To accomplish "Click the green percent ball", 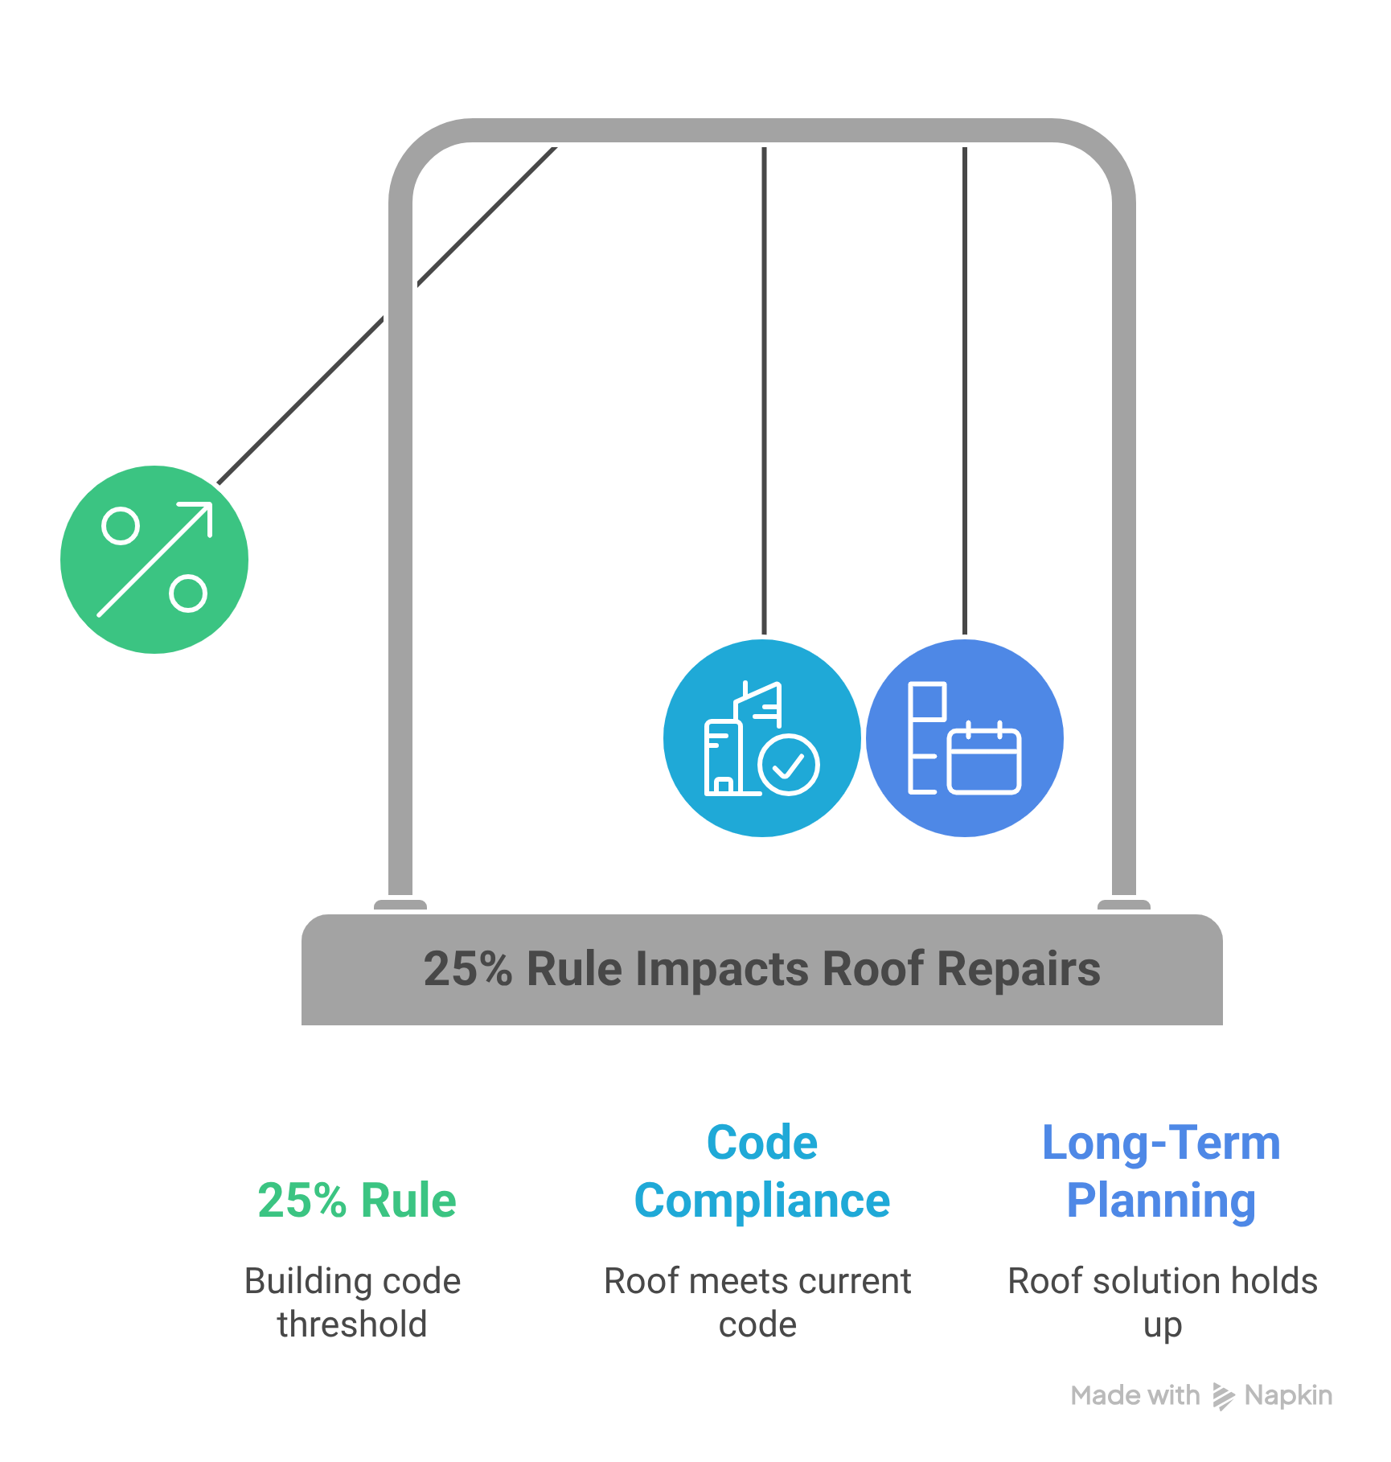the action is coord(154,560).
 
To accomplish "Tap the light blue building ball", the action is coord(762,738).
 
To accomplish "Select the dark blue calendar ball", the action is coord(965,738).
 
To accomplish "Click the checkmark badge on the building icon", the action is coord(789,765).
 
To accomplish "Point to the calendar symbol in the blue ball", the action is coord(985,758).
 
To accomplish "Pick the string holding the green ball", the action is coord(387,315).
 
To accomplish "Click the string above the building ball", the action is coord(764,391).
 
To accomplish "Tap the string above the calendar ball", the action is coord(965,391).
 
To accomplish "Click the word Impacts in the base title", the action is coord(722,970).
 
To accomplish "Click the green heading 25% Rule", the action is coord(357,1201).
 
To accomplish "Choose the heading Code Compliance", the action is coord(762,1172).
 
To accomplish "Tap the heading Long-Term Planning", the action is coord(1161,1172).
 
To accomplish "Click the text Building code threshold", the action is coord(352,1303).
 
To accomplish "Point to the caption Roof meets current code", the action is coord(757,1303).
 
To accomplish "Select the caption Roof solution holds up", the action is coord(1163,1303).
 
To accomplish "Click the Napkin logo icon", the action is coord(1223,1397).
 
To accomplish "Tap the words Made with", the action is coord(1135,1395).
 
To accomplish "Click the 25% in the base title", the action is coord(468,969).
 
